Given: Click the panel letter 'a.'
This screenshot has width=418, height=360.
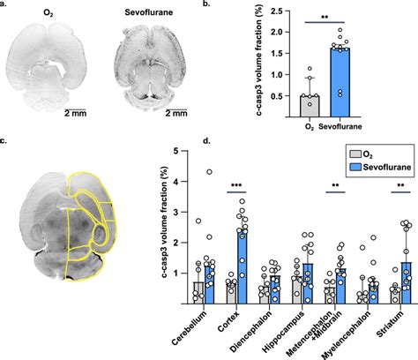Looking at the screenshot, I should pos(5,5).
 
